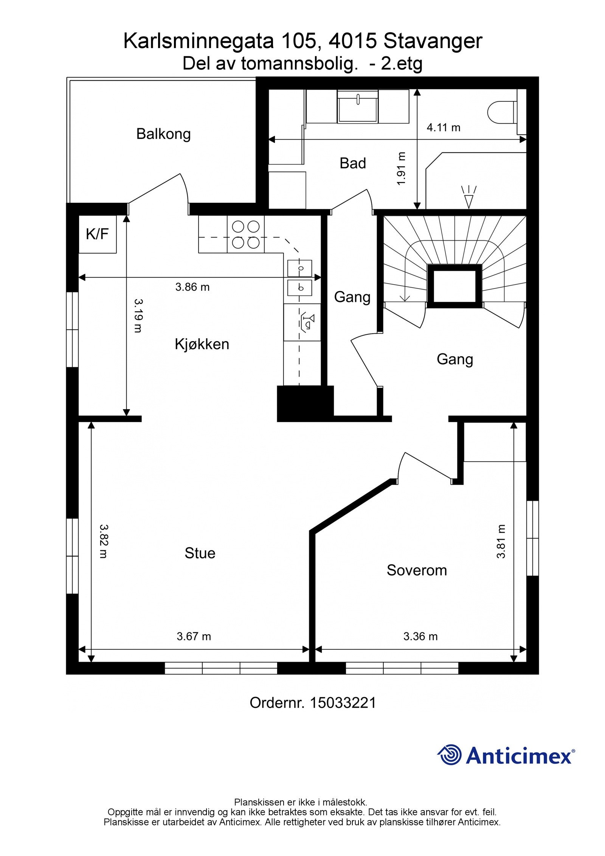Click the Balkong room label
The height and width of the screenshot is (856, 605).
tap(163, 134)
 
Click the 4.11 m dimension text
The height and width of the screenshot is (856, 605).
tap(443, 127)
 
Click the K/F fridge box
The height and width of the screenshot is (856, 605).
tap(97, 234)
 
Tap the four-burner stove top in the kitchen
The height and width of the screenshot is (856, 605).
tap(245, 235)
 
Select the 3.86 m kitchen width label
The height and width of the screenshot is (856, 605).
tap(192, 287)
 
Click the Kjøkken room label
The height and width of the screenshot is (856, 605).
tap(202, 344)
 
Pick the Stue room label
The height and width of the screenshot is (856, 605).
tap(200, 553)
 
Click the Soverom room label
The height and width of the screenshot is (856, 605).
tap(416, 570)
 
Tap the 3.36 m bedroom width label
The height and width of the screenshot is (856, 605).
tap(420, 636)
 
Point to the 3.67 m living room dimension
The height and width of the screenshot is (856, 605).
tap(194, 636)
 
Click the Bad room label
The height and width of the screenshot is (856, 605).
tap(352, 163)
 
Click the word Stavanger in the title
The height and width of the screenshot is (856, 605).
tap(433, 41)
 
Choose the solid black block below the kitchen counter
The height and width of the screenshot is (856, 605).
tap(305, 404)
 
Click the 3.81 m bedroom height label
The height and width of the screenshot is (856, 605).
tap(501, 541)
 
